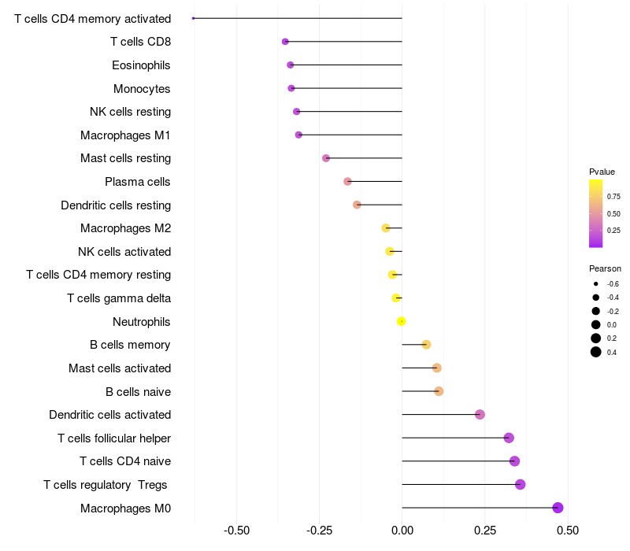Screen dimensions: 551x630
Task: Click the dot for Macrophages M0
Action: pyautogui.click(x=558, y=508)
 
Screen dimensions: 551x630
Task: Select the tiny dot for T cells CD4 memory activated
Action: pyautogui.click(x=194, y=18)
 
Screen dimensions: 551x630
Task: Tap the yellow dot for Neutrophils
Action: pyautogui.click(x=402, y=321)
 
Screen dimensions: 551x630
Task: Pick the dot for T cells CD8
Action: pyautogui.click(x=285, y=42)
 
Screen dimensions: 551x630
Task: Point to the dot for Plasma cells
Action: pyautogui.click(x=347, y=182)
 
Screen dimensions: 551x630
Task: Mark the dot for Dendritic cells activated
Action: pyautogui.click(x=480, y=415)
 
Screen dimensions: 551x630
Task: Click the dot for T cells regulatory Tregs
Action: pyautogui.click(x=520, y=485)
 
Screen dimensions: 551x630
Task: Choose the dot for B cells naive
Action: pyautogui.click(x=439, y=391)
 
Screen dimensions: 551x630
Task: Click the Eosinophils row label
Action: pyautogui.click(x=141, y=65)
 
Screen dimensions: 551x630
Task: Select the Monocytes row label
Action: pyautogui.click(x=142, y=89)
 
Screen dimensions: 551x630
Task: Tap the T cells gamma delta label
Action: pyautogui.click(x=119, y=298)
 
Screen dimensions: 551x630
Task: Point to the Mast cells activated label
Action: pyautogui.click(x=120, y=368)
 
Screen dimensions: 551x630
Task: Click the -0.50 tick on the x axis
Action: pyautogui.click(x=238, y=531)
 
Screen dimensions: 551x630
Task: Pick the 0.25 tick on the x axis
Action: pyautogui.click(x=484, y=531)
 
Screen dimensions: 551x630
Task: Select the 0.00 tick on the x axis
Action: pyautogui.click(x=402, y=531)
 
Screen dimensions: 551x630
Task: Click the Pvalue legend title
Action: pyautogui.click(x=602, y=172)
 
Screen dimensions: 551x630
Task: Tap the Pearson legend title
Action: pyautogui.click(x=605, y=268)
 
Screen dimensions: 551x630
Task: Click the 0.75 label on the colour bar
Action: pyautogui.click(x=613, y=196)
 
